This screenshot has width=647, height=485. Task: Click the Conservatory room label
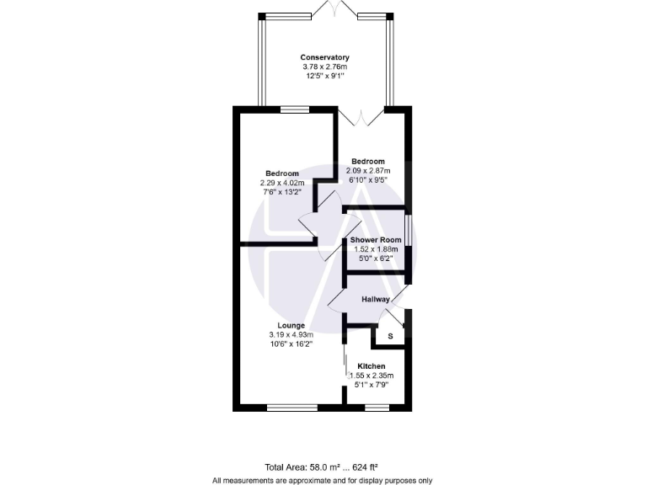[x=324, y=57]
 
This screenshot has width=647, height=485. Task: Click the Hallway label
[x=376, y=300]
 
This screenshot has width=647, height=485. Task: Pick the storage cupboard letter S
[x=389, y=337]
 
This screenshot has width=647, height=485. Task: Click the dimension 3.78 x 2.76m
[x=324, y=67]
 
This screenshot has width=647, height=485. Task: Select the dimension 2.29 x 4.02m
[x=281, y=183]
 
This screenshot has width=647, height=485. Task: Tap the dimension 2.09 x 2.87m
[x=368, y=171]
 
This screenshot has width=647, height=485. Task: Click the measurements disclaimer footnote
[x=323, y=481]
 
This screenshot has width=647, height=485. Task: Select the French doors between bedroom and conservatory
[x=360, y=115]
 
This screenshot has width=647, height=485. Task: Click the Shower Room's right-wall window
[x=408, y=232]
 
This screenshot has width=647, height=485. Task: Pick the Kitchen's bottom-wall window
[x=377, y=408]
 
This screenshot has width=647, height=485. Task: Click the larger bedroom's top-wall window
[x=294, y=108]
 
